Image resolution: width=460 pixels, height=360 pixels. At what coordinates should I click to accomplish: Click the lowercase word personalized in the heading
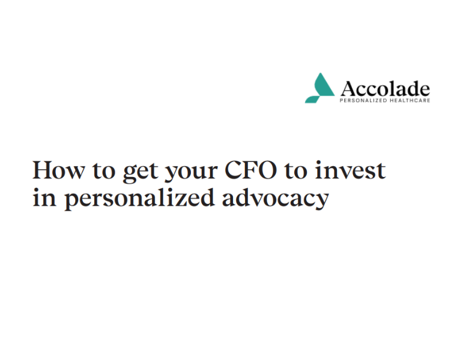click(139, 199)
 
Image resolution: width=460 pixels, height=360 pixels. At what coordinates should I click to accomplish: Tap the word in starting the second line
click(43, 198)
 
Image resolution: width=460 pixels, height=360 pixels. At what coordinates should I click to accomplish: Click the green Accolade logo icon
click(319, 89)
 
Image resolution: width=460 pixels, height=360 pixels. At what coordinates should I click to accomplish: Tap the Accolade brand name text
click(385, 89)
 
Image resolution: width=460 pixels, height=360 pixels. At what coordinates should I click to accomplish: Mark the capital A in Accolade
click(349, 89)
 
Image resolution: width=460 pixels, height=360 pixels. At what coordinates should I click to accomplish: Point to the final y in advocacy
click(321, 201)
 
